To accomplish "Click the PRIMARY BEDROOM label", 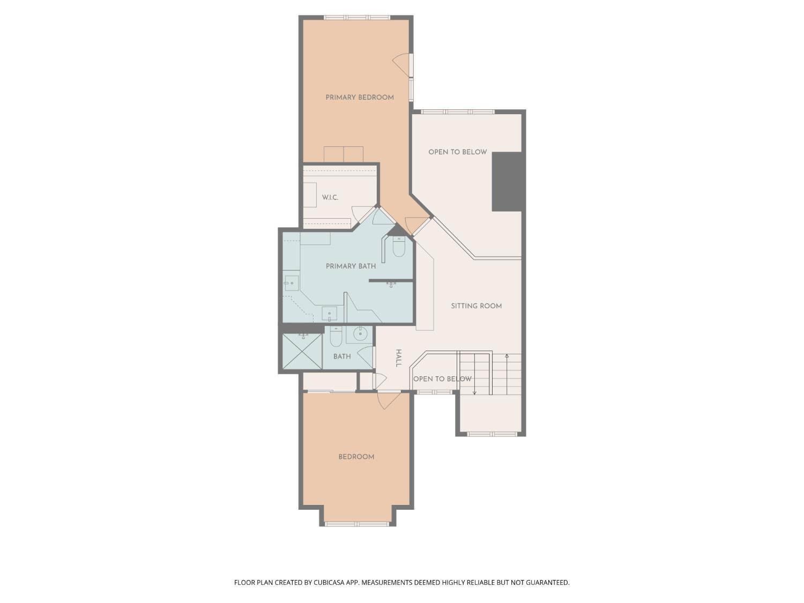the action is pos(359,98).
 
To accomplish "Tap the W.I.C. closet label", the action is pos(330,198).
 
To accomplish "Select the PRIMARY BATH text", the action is pos(351,266).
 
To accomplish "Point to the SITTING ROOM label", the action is pos(476,306).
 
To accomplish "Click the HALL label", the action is pos(399,358).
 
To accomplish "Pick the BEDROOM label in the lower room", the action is pos(356,457).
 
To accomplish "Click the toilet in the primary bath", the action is pos(399,247).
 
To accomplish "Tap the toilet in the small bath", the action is pos(336,337).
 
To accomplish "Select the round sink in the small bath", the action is pos(360,334).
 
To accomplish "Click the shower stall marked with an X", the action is pos(302,352).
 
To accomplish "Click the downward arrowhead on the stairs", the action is pos(474,393).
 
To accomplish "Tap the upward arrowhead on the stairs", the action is pos(507,355).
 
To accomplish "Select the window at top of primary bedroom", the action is pos(357,17).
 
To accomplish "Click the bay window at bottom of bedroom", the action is pos(357,524).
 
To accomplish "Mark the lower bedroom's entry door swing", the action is pos(389,401).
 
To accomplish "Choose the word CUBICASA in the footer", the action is pos(329,583).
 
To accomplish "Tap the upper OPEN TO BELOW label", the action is pos(458,152).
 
